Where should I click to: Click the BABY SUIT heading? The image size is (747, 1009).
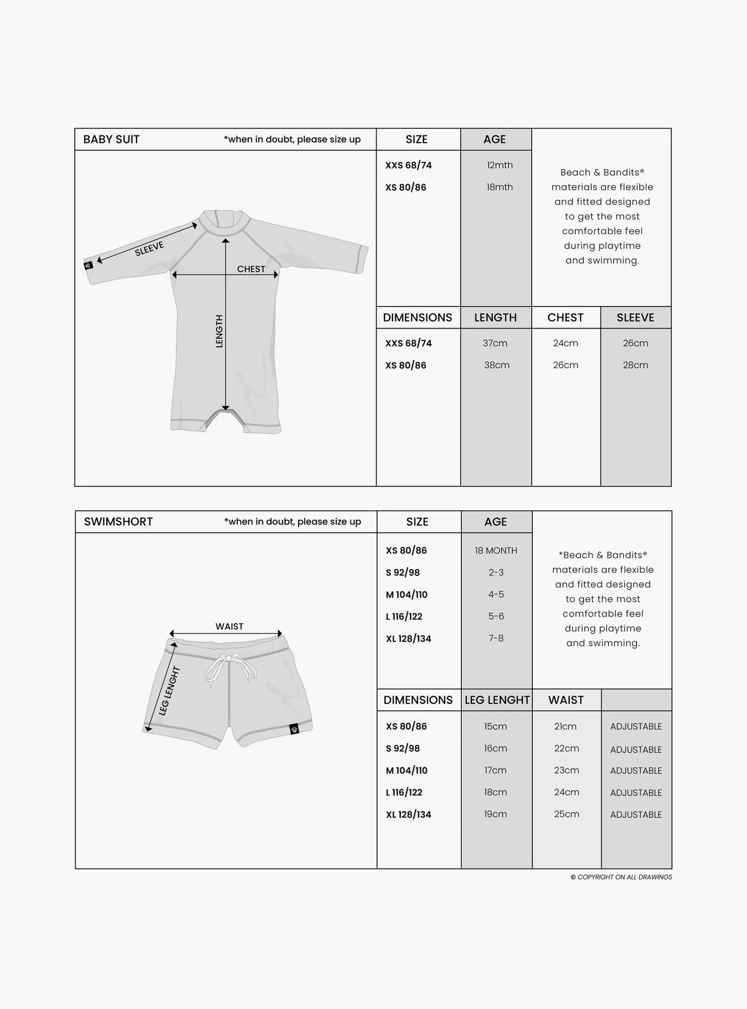click(111, 139)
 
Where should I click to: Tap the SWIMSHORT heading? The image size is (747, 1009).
click(118, 522)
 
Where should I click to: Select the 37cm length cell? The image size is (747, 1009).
click(495, 343)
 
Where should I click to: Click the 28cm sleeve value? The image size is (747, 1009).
click(635, 365)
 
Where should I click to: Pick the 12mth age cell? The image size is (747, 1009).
click(499, 165)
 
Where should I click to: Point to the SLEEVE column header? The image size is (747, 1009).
click(635, 318)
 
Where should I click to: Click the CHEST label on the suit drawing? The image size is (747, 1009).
click(251, 269)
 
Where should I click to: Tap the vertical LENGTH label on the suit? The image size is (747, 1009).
click(219, 331)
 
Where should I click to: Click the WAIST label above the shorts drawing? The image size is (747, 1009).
click(229, 627)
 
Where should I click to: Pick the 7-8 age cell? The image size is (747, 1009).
click(496, 638)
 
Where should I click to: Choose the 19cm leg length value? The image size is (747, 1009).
click(496, 814)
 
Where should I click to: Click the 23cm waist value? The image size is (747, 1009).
click(566, 770)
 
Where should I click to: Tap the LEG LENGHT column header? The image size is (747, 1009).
click(497, 700)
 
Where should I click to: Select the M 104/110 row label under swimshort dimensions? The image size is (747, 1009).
click(407, 771)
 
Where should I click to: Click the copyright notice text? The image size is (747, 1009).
click(621, 877)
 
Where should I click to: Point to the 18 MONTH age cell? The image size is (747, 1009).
click(496, 551)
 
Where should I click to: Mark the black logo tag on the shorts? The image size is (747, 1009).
click(295, 729)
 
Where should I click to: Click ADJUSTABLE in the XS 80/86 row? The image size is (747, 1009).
click(636, 727)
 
